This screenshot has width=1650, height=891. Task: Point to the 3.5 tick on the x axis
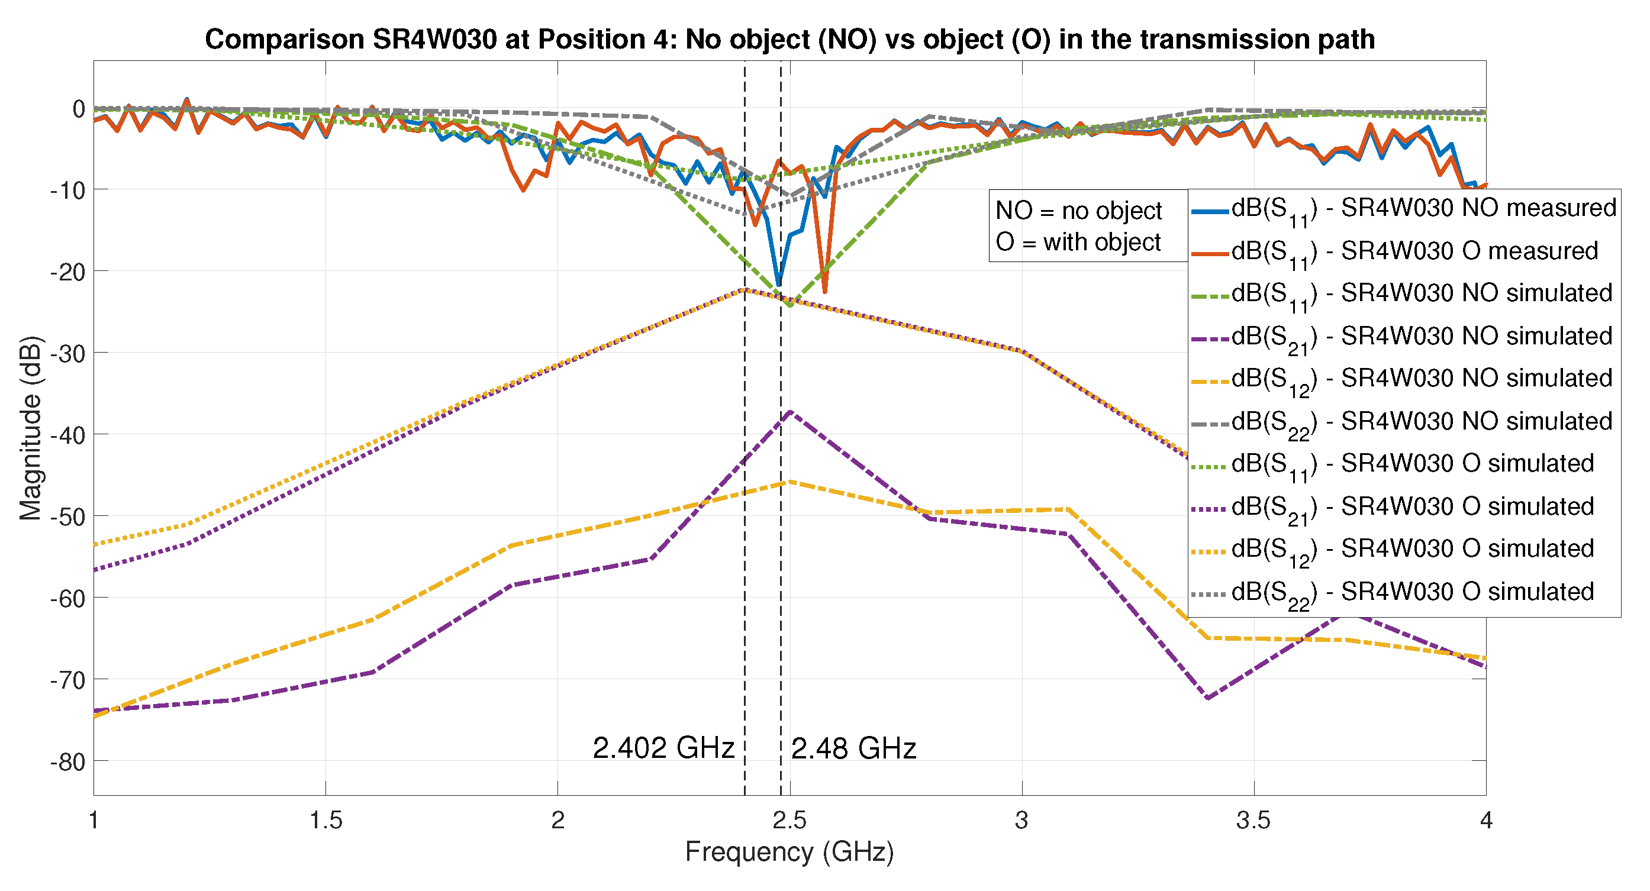(1253, 821)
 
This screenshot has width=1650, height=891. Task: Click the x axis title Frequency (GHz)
(789, 853)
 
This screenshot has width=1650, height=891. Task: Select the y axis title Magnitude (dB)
(30, 428)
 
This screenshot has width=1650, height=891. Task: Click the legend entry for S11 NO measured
(1403, 209)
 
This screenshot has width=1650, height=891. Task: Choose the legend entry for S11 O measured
(1403, 251)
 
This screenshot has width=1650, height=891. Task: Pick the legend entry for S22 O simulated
(1403, 592)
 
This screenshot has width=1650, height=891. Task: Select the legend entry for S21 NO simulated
(1403, 336)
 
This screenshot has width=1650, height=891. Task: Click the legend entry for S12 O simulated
(1403, 550)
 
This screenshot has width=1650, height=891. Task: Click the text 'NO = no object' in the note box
(1078, 211)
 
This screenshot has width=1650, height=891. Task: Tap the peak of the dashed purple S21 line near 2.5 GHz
(791, 412)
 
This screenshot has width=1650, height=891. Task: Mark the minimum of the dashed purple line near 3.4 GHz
(1208, 698)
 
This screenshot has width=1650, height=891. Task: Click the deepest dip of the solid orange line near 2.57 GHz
(824, 292)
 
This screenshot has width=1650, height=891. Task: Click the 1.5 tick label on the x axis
(326, 821)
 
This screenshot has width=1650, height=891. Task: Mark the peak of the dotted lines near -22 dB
(744, 289)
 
